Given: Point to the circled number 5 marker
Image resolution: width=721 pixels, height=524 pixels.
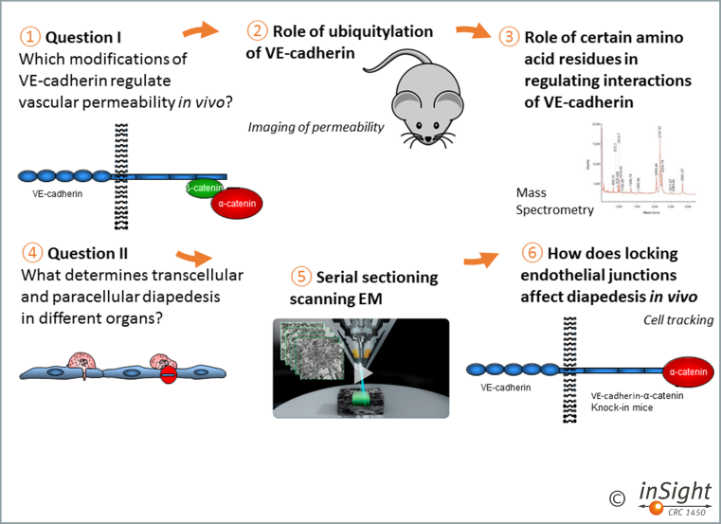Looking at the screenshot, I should click(x=301, y=277).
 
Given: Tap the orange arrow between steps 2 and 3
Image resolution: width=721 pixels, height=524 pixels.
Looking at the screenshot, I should click(x=470, y=30).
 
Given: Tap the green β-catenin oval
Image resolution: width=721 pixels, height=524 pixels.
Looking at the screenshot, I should click(x=206, y=188).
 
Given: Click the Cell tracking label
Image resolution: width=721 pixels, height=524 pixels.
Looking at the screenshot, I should click(x=680, y=319).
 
